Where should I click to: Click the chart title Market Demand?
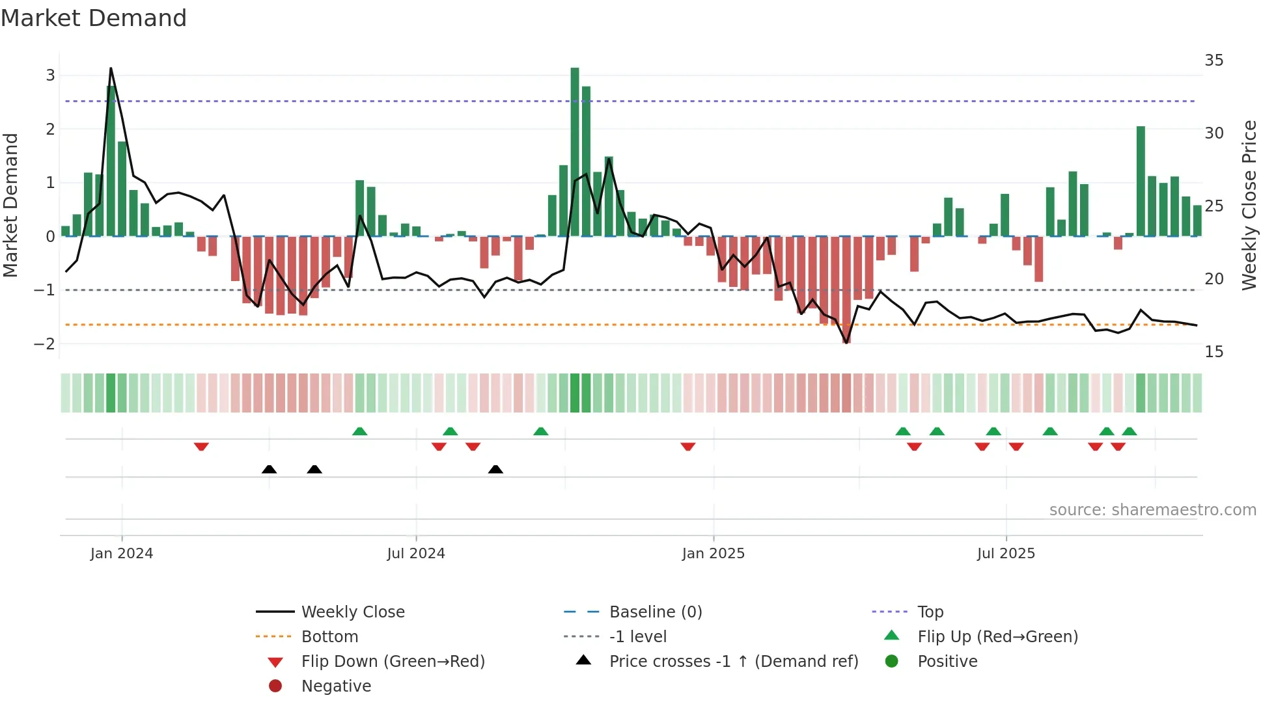click(x=94, y=18)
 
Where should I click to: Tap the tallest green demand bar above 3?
click(x=575, y=151)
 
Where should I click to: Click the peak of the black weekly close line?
click(x=111, y=68)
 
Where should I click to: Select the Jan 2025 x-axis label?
click(x=713, y=554)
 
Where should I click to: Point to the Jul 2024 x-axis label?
click(x=416, y=554)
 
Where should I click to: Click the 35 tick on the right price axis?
click(x=1214, y=61)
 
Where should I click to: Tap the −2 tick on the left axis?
click(x=45, y=344)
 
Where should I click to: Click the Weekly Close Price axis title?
click(x=1249, y=205)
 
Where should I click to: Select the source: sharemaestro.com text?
click(x=1152, y=510)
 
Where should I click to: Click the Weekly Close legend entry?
click(x=352, y=612)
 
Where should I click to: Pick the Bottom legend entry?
click(x=329, y=637)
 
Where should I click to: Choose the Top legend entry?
click(x=930, y=612)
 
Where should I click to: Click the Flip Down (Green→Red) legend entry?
click(x=393, y=662)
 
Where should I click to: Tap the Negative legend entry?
click(x=336, y=686)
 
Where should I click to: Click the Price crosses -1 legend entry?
click(x=733, y=662)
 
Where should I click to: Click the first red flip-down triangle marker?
click(x=201, y=446)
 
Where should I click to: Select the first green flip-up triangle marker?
click(x=359, y=431)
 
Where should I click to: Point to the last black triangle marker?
click(x=495, y=469)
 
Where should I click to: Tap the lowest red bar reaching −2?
click(x=846, y=290)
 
